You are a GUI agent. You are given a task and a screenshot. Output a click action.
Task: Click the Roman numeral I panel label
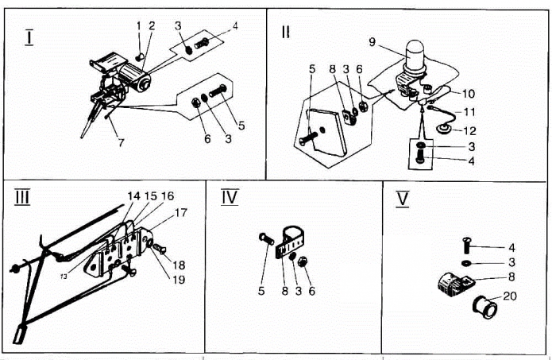[29, 38]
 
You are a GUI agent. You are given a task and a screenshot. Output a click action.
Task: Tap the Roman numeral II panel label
[285, 32]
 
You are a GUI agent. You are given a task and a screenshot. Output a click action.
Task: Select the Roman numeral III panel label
[22, 197]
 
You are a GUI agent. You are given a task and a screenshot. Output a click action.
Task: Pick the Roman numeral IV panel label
[230, 197]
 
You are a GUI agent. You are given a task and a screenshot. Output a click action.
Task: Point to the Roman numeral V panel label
[403, 199]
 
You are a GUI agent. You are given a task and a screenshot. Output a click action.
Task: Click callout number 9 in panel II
[373, 42]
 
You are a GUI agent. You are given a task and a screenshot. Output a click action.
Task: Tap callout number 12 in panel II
[469, 131]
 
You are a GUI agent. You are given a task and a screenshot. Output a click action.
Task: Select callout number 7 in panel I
[121, 143]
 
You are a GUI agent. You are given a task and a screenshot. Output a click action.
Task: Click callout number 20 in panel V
[510, 296]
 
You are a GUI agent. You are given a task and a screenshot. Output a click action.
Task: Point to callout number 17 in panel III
[180, 213]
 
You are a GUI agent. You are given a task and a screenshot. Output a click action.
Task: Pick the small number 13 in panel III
[64, 277]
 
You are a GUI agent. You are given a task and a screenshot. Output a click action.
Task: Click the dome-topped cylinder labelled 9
[415, 56]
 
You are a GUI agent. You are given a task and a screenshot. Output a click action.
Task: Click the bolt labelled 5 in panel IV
[267, 239]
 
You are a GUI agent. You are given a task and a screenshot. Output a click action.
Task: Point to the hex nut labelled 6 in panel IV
[302, 261]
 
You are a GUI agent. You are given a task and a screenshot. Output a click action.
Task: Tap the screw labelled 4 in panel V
[466, 246]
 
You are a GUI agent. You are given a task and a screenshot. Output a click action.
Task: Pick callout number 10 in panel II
[469, 94]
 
